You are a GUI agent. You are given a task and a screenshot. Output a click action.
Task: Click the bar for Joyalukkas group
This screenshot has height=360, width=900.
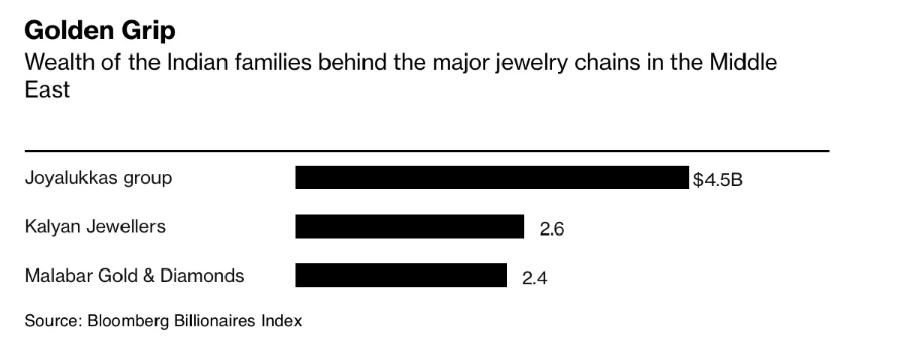[492, 178]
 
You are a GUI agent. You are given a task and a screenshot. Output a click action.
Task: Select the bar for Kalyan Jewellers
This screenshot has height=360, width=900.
[409, 226]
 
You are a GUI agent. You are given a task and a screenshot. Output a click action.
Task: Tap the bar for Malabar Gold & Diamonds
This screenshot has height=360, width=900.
[401, 275]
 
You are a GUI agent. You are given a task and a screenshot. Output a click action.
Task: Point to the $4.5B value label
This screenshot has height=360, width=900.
[718, 180]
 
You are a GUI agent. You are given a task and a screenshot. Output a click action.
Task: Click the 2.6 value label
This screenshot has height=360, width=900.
[552, 229]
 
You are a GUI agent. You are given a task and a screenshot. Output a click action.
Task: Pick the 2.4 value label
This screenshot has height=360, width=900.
[535, 278]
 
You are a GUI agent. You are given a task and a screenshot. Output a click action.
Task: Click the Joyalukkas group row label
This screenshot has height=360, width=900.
[98, 178]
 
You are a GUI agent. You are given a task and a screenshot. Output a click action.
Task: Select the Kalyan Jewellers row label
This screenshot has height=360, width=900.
[95, 226]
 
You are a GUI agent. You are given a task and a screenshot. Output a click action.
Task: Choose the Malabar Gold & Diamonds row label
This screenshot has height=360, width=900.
[134, 275]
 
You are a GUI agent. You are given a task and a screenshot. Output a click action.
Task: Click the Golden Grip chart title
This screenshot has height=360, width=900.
[100, 31]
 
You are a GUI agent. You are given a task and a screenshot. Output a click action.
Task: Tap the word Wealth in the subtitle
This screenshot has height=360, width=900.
[56, 62]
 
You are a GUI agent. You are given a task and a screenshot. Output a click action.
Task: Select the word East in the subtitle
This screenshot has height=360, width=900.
[47, 90]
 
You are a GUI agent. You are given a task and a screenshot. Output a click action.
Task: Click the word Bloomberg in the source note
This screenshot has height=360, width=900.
[128, 321]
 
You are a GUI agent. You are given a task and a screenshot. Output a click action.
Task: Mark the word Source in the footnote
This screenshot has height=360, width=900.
[52, 321]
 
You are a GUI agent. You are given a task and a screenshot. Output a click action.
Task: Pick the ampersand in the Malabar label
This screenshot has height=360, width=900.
[148, 275]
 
